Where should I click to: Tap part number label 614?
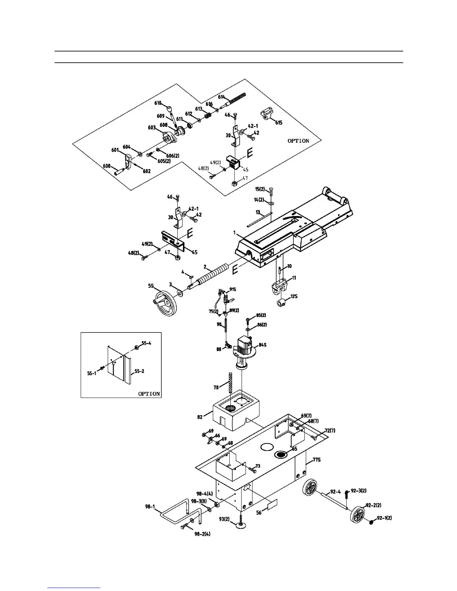pos(222,97)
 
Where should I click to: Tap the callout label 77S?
pos(317,460)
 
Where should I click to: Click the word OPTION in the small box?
pos(149,394)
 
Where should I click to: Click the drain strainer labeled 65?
pos(281,454)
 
